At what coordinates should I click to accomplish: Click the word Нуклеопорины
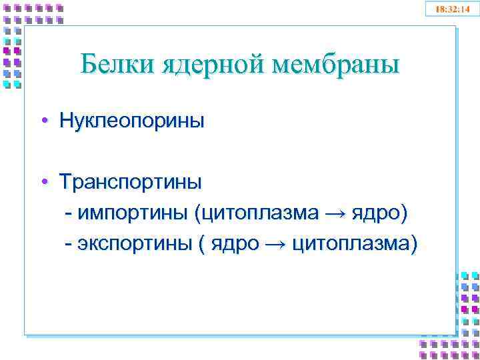(x=131, y=121)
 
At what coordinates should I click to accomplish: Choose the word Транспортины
(x=131, y=181)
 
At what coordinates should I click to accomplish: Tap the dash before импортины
(x=69, y=213)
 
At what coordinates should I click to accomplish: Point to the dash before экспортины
(x=69, y=245)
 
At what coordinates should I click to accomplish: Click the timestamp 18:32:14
(x=452, y=9)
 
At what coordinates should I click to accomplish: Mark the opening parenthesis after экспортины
(x=201, y=245)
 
